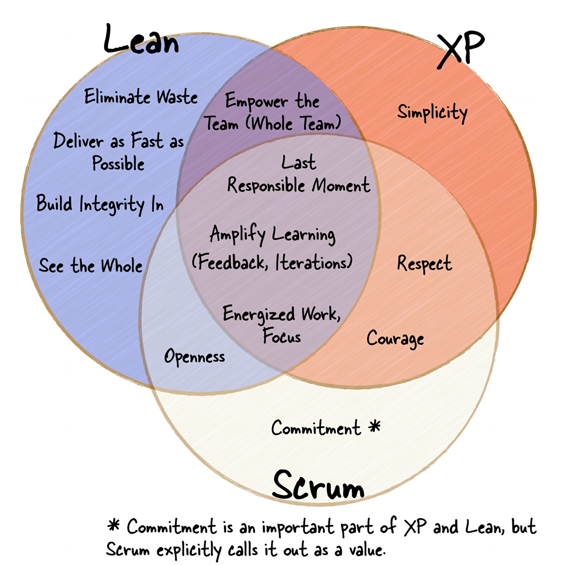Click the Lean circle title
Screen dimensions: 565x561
(x=141, y=40)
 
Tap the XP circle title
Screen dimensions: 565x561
(x=461, y=49)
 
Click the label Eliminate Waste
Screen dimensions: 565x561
(x=141, y=97)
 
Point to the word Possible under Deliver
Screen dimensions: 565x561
(x=118, y=164)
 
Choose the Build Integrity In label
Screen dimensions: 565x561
(x=100, y=204)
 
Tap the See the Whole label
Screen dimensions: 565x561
(x=91, y=266)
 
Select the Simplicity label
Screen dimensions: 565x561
(x=432, y=113)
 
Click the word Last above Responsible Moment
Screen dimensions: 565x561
(x=298, y=162)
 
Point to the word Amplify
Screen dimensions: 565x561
(x=237, y=234)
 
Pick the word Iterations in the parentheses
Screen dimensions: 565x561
(x=313, y=262)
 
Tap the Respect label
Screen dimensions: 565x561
(x=424, y=264)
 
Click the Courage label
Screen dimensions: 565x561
(x=395, y=339)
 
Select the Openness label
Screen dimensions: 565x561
(x=194, y=357)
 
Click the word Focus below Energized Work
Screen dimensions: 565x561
(x=282, y=337)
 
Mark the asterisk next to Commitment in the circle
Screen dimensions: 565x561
(x=375, y=426)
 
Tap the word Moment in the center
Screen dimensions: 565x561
(x=341, y=186)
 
